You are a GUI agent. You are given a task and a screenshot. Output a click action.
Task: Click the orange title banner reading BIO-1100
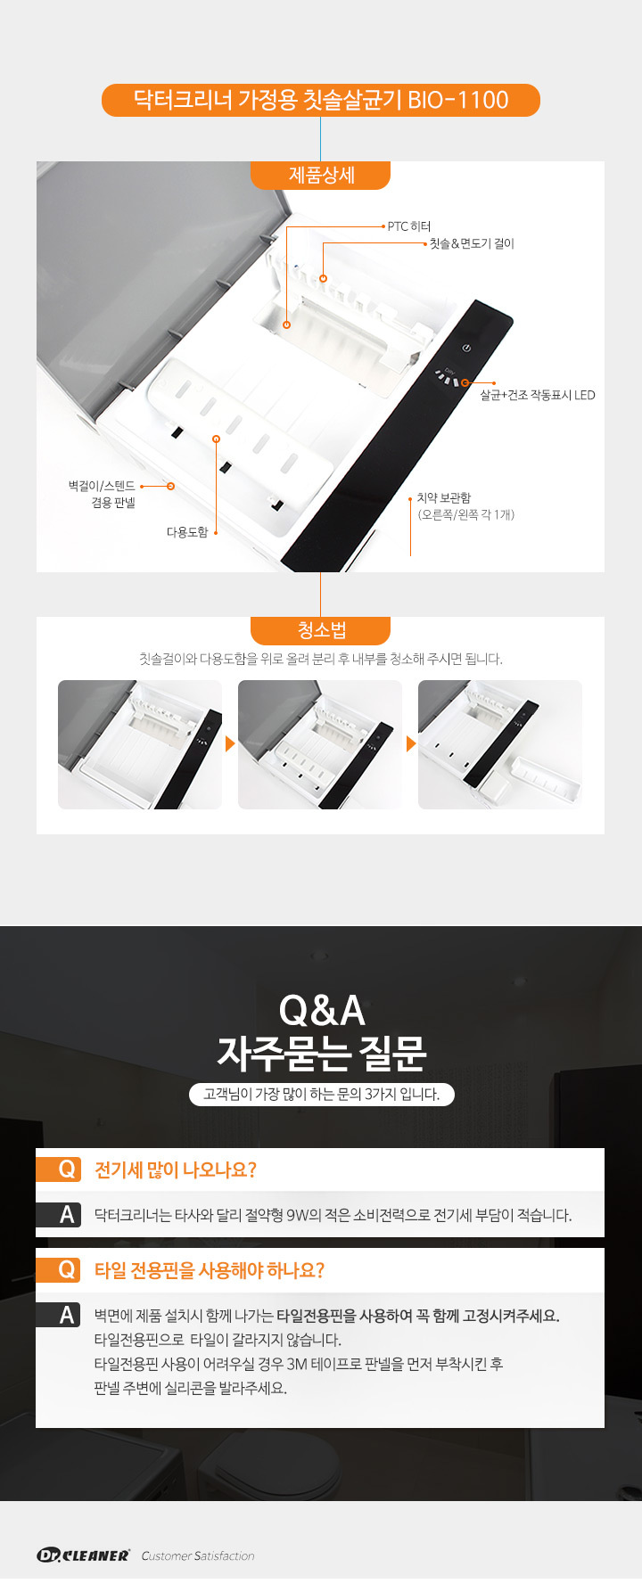(321, 100)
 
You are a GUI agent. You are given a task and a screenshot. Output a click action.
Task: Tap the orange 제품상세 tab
(320, 175)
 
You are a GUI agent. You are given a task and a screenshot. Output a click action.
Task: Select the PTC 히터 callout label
(409, 226)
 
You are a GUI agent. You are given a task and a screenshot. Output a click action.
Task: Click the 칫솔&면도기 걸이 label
(472, 243)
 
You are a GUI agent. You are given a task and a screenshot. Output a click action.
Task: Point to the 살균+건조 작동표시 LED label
(538, 395)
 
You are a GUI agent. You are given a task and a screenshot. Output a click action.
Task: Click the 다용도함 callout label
(187, 532)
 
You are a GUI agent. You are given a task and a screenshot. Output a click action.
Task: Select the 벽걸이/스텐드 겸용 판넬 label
(102, 494)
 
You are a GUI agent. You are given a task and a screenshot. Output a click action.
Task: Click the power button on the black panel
(465, 348)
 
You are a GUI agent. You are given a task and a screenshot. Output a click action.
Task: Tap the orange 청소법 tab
(320, 630)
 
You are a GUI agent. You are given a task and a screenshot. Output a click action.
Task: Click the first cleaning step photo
(140, 744)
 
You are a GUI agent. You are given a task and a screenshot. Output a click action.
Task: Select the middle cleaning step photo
(320, 744)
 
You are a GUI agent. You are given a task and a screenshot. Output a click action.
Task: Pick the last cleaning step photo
(500, 744)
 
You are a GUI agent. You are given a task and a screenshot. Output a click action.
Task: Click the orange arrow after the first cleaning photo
(230, 743)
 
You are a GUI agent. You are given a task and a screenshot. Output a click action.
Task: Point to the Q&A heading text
(322, 1011)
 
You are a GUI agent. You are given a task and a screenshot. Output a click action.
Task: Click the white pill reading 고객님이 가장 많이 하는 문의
(322, 1094)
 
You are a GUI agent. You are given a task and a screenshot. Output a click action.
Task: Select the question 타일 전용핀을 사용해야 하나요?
(210, 1270)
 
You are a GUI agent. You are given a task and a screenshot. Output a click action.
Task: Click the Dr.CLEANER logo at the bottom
(84, 1555)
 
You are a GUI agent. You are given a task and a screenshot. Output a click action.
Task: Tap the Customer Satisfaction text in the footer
(198, 1555)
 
